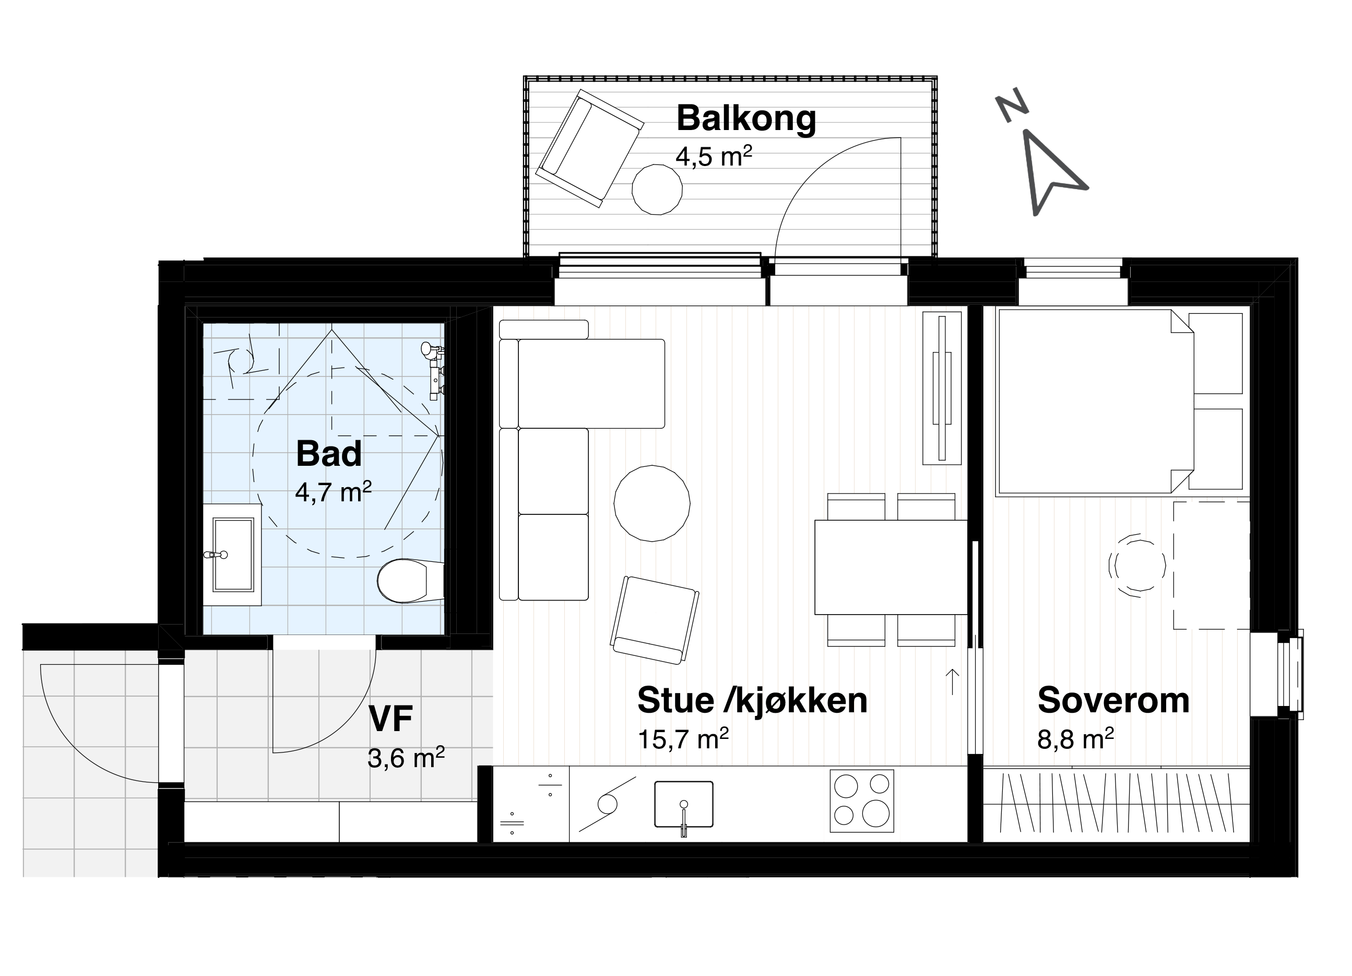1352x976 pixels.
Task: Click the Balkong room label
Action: (x=746, y=119)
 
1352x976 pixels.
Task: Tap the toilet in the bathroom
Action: (x=411, y=581)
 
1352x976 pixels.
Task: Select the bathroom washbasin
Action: (x=232, y=555)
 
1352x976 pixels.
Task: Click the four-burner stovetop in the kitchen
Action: (x=862, y=801)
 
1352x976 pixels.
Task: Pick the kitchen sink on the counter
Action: (x=684, y=804)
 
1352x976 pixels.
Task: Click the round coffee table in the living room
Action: (x=652, y=503)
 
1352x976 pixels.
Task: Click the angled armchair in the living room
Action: (x=655, y=620)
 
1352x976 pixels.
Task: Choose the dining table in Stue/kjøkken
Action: (x=891, y=567)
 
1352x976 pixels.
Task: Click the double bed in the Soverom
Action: (x=1095, y=403)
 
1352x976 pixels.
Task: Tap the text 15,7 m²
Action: (x=683, y=739)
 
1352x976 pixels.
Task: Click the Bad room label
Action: (x=328, y=454)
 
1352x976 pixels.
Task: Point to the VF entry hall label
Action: (x=390, y=719)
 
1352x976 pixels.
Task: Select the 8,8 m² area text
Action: (x=1075, y=739)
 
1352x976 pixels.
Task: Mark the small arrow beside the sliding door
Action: (x=953, y=681)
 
